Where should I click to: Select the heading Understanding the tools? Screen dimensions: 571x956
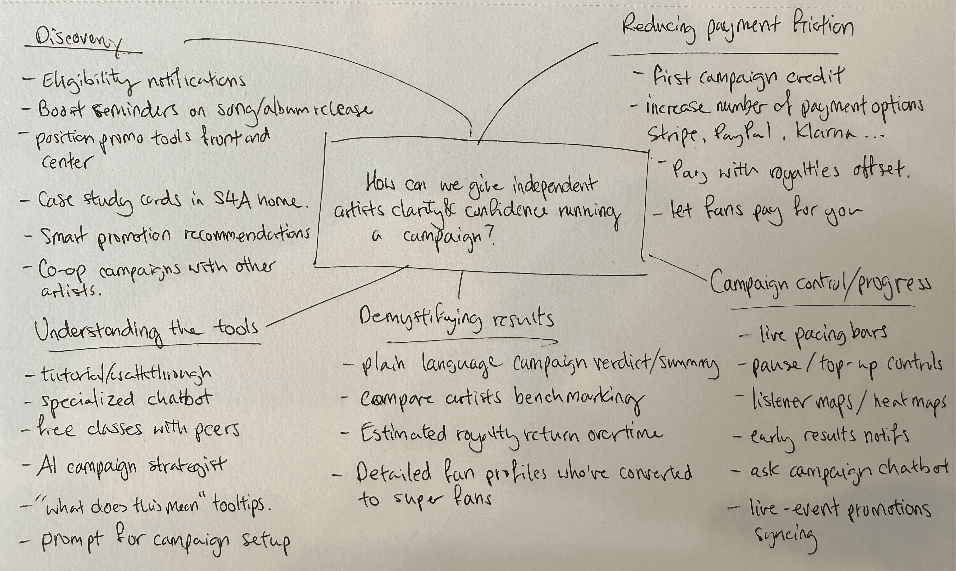[146, 330]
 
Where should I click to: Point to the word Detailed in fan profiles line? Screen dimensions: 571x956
[393, 473]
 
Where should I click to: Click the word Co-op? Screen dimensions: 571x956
[62, 269]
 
